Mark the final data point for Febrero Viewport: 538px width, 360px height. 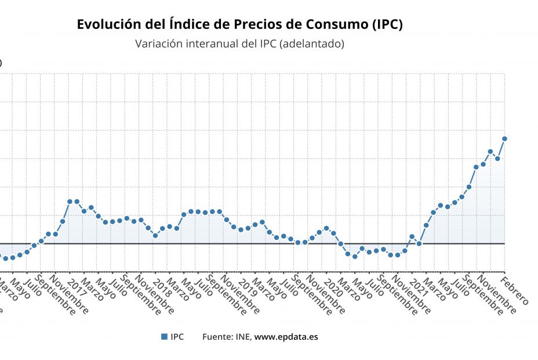(x=504, y=139)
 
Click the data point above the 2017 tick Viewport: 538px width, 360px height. (x=70, y=201)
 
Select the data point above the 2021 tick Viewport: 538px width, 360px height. (x=412, y=237)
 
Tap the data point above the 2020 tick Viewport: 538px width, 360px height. (x=326, y=228)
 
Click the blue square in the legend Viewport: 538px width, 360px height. (x=164, y=336)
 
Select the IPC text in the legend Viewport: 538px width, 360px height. (x=177, y=336)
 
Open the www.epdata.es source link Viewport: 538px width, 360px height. (x=286, y=336)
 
